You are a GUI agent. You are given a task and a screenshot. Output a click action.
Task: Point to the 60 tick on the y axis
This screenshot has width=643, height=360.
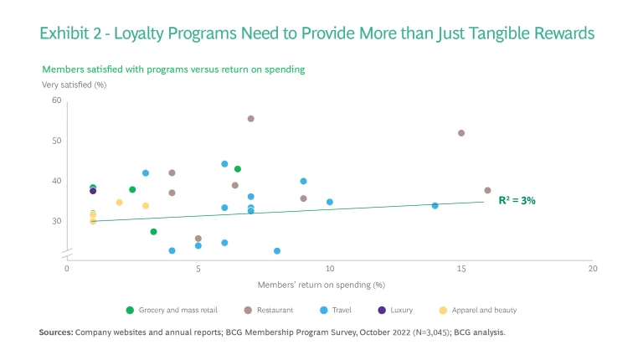click(x=57, y=100)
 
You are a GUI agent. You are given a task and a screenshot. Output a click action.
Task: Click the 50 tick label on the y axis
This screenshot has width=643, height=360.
click(x=57, y=141)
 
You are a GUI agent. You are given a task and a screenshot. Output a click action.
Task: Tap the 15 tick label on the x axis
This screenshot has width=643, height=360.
click(x=461, y=269)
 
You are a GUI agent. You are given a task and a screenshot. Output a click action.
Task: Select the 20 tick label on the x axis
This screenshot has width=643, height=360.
click(x=593, y=269)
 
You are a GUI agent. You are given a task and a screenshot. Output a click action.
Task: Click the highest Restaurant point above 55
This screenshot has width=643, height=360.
click(x=250, y=119)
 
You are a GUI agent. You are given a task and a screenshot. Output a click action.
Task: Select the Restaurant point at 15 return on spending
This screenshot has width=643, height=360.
click(x=461, y=133)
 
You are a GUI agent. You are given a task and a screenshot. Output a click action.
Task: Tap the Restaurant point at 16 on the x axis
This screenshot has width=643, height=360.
click(x=487, y=190)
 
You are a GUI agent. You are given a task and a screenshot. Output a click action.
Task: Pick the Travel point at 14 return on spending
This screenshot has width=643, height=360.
click(x=435, y=205)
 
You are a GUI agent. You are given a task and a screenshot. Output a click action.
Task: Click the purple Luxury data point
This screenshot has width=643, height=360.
click(x=93, y=191)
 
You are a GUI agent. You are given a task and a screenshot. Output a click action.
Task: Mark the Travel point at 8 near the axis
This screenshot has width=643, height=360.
click(x=277, y=250)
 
